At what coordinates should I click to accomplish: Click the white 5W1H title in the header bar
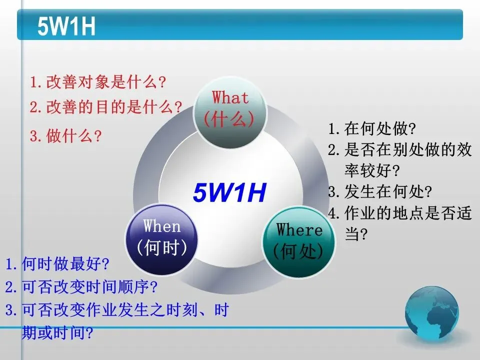(66, 26)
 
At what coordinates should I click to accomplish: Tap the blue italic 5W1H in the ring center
(229, 192)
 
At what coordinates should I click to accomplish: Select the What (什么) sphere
(230, 113)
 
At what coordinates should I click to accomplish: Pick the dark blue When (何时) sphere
(161, 239)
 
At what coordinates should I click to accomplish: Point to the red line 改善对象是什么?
(98, 82)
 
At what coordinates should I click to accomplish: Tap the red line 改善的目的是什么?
(106, 107)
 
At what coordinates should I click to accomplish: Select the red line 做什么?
(66, 135)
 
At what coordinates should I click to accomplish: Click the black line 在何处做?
(372, 128)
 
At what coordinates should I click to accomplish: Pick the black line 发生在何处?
(380, 192)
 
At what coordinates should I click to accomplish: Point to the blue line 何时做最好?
(57, 263)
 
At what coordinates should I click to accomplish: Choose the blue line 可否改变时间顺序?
(81, 287)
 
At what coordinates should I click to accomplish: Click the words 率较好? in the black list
(372, 170)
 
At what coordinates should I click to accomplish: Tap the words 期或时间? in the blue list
(57, 333)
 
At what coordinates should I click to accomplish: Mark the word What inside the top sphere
(230, 97)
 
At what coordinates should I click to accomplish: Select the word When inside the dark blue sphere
(162, 226)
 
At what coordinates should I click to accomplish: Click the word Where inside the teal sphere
(299, 229)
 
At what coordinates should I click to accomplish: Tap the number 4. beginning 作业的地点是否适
(333, 213)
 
